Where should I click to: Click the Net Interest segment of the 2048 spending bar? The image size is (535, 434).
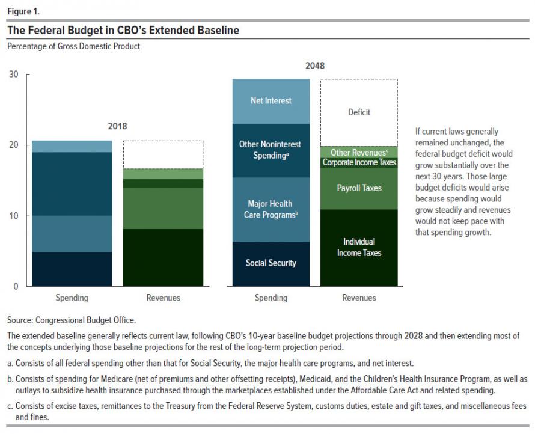[x=271, y=101]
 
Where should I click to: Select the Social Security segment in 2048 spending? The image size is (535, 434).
[x=271, y=263]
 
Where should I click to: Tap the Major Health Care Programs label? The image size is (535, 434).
[x=271, y=209]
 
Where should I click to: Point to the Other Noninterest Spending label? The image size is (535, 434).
[x=271, y=150]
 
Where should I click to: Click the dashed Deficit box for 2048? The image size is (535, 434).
[x=359, y=112]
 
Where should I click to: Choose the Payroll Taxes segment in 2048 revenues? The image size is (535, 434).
[x=359, y=188]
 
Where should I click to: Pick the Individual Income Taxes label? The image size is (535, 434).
[x=359, y=247]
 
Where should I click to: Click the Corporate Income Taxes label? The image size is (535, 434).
[x=359, y=162]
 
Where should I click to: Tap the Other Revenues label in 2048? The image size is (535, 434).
[x=359, y=153]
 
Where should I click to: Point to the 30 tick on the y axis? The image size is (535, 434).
[x=14, y=75]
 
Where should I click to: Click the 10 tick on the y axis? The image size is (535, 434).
[x=14, y=216]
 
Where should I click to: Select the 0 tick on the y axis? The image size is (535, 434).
[x=16, y=287]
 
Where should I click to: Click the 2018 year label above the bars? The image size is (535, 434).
[x=117, y=127]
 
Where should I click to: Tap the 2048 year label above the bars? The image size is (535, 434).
[x=314, y=66]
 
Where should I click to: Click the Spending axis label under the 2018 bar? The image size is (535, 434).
[x=72, y=298]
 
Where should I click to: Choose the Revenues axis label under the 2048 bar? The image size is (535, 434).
[x=359, y=298]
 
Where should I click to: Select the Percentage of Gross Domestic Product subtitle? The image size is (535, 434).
[x=73, y=46]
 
